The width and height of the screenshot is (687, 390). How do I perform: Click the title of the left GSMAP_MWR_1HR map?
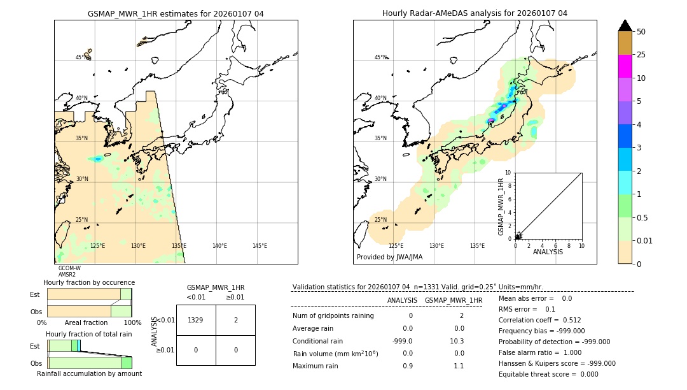(176, 13)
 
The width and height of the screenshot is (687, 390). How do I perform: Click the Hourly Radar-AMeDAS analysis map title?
(475, 13)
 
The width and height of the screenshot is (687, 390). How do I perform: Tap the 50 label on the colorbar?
(641, 32)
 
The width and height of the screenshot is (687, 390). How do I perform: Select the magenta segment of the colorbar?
(625, 66)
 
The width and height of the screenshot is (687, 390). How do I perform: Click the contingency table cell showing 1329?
(196, 320)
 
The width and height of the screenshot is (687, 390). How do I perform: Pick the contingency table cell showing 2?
(235, 320)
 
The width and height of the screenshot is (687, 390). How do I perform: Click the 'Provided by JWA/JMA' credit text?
(389, 257)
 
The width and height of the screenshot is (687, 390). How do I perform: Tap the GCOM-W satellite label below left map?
(69, 268)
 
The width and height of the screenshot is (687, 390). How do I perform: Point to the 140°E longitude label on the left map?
(219, 246)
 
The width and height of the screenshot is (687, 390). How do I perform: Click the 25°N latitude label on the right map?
(380, 220)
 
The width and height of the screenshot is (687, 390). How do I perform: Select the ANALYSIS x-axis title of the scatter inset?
(547, 252)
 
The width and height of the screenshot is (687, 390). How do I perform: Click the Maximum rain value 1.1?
(458, 366)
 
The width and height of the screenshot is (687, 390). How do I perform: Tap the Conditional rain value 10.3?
(457, 341)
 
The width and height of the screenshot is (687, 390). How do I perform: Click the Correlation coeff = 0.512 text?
(539, 320)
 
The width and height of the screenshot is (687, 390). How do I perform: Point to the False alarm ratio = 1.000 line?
(539, 352)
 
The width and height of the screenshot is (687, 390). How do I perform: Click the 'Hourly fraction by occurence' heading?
(89, 282)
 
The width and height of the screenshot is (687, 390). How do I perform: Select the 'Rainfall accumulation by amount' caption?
(89, 373)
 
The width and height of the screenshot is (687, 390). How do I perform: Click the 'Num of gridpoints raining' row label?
(333, 315)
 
